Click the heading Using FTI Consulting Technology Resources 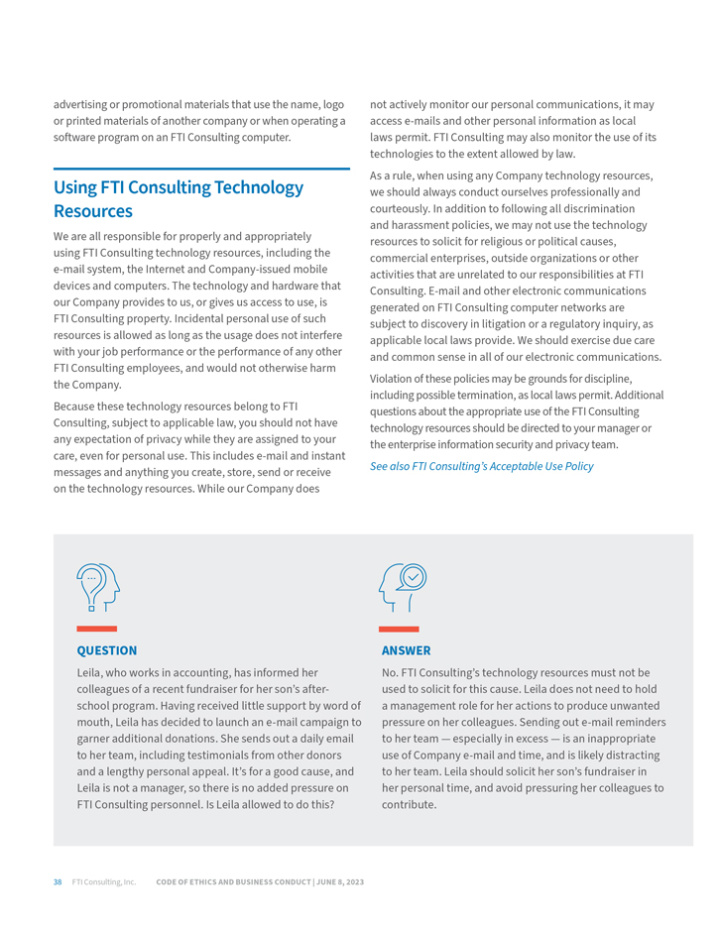tap(179, 198)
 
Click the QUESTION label tap(107, 650)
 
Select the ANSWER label tap(407, 650)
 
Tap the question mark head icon tap(97, 587)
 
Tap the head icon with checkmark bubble tap(403, 587)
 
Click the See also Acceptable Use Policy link tap(482, 466)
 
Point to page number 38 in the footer tap(58, 881)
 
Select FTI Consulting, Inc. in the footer tap(104, 881)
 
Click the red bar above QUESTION tap(97, 629)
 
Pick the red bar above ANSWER tap(399, 629)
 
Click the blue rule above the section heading tap(201, 170)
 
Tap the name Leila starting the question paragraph tap(90, 672)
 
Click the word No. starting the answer tap(391, 672)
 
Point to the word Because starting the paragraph tap(77, 407)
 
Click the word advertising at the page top tap(83, 104)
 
